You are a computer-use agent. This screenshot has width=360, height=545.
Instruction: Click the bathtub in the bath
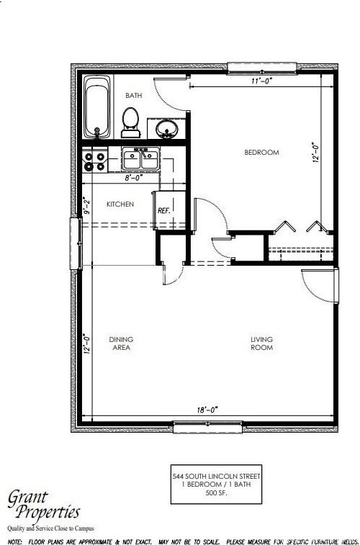97,108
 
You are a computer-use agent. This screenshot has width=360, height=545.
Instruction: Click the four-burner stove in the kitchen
96,160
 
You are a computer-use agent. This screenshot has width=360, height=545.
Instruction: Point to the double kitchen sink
140,158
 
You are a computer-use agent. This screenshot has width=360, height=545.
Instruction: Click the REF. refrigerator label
163,211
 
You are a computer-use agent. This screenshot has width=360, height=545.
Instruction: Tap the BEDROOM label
261,153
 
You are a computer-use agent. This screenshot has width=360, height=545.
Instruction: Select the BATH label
134,95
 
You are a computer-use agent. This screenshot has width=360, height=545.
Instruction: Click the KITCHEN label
120,204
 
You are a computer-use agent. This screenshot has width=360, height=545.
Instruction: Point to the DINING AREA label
121,343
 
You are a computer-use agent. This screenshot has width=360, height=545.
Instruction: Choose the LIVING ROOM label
261,343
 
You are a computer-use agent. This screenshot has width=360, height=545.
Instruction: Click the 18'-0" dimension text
207,409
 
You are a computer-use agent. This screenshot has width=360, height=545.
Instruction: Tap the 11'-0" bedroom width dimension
261,81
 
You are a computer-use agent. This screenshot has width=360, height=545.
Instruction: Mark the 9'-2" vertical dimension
85,207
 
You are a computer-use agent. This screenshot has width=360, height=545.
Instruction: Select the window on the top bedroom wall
261,67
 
